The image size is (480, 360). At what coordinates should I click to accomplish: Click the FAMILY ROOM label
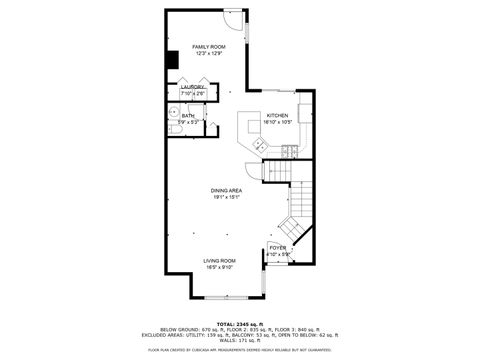point(209,47)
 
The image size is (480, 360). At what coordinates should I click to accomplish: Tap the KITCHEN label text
point(277,116)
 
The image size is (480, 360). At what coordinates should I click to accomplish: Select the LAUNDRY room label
point(193,87)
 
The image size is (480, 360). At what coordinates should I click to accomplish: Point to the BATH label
point(188,115)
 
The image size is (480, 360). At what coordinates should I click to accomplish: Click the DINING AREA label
point(226,190)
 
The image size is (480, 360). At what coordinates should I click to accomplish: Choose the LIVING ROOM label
point(219,260)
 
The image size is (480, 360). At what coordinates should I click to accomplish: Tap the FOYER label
point(277,247)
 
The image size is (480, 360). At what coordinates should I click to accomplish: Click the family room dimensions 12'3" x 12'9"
point(209,54)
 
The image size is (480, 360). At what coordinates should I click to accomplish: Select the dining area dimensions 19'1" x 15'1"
point(226,197)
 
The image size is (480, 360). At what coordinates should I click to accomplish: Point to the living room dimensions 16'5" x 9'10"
point(219,267)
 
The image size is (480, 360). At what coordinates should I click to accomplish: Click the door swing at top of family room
point(232,18)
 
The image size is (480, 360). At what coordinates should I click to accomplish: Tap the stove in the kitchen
point(288,151)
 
